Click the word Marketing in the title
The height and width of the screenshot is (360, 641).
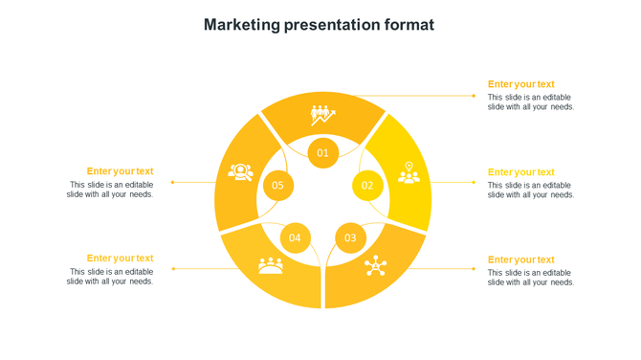tap(242, 25)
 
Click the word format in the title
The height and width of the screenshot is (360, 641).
tap(408, 25)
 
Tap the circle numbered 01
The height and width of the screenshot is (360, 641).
tap(323, 152)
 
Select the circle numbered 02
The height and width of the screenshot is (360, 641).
tap(367, 185)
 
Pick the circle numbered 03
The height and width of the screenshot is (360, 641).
tap(350, 237)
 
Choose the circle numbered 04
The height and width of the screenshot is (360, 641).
tap(295, 237)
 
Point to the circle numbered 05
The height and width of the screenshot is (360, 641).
tap(277, 185)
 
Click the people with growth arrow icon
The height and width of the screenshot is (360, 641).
tap(323, 116)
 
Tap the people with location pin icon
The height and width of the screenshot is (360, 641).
tap(409, 172)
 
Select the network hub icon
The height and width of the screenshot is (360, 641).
tap(375, 265)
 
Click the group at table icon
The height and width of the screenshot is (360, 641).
tap(271, 265)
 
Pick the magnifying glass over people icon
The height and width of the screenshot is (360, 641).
tap(240, 172)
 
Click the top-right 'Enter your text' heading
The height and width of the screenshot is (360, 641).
tap(520, 84)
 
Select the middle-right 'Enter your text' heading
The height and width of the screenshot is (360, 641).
tap(520, 172)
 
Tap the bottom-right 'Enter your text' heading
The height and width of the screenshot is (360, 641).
tap(520, 259)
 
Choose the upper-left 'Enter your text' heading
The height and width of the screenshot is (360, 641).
tap(120, 171)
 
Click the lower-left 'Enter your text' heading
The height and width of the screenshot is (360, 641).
tap(120, 258)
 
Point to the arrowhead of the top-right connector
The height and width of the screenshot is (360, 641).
tap(474, 96)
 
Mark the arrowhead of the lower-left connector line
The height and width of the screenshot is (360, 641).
tap(173, 269)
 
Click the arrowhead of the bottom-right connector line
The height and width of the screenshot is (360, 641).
tap(474, 269)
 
